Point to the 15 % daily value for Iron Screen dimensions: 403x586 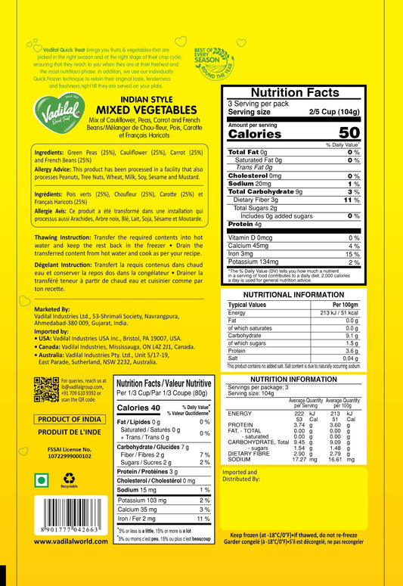353,254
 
